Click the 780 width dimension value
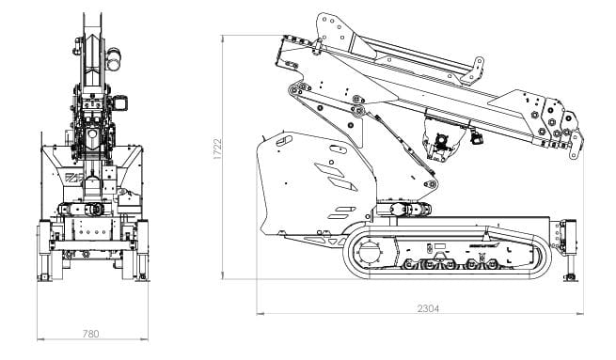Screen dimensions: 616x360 coord(90,334)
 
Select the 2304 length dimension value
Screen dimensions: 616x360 coord(428,308)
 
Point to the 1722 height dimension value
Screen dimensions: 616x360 coord(217,149)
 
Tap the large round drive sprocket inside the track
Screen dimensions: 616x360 coord(369,253)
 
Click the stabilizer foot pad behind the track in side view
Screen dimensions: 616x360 coord(571,278)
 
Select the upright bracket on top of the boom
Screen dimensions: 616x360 coord(473,70)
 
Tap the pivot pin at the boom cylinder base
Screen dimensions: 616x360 coord(431,183)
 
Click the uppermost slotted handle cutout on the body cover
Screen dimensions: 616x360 coord(284,141)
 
